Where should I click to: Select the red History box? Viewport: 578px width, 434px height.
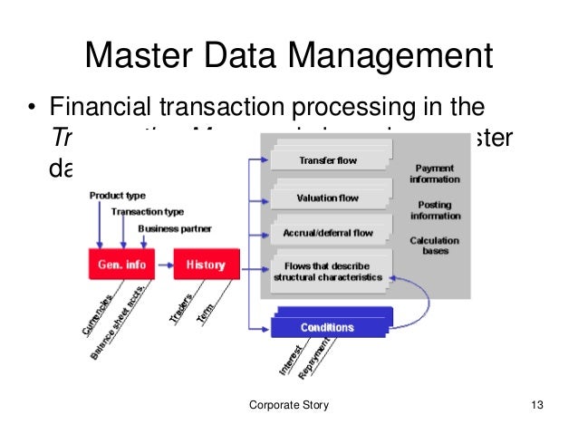point(205,265)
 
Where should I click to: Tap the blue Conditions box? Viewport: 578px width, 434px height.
point(328,327)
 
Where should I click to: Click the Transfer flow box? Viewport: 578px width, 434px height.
point(327,161)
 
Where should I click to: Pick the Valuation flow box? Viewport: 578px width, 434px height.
point(327,198)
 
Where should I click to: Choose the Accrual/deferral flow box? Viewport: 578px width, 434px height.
point(328,233)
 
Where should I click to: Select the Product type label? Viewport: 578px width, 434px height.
point(117,196)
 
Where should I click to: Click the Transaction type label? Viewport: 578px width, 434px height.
point(147,212)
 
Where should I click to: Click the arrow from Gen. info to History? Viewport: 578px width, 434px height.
point(166,265)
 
